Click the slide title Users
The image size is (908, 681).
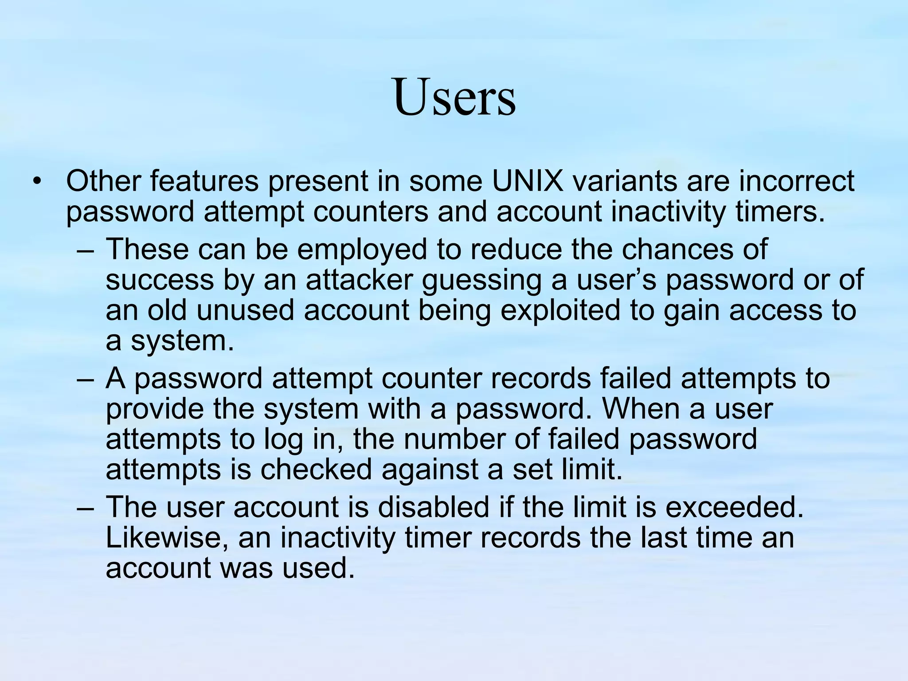click(x=454, y=98)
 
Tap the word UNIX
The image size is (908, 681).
click(x=527, y=181)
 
